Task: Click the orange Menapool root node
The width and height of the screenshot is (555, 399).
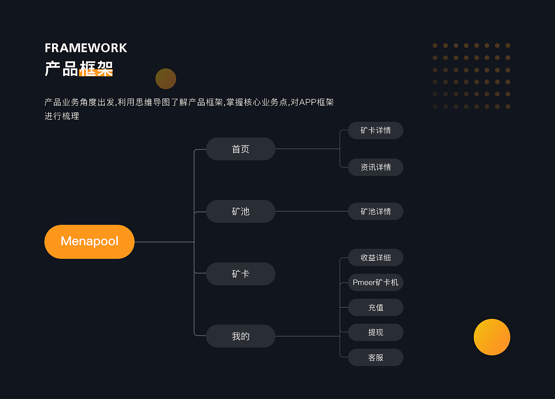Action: coord(89,241)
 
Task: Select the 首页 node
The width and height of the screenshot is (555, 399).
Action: coord(240,149)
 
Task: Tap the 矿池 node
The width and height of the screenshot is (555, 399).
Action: coord(240,211)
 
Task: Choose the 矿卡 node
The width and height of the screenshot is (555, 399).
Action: coord(240,274)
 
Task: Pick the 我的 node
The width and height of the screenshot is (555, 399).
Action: coord(240,336)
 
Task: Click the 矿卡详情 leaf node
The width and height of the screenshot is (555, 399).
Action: coord(375,130)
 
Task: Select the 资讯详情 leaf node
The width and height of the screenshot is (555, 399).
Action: coord(375,167)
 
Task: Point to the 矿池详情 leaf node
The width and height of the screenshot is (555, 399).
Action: coord(375,211)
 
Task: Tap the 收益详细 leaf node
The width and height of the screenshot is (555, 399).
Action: coord(375,257)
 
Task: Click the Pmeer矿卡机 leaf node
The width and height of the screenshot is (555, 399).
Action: coord(375,282)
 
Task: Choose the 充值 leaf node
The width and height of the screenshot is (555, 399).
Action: coord(375,307)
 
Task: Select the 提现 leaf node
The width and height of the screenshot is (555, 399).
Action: coord(375,332)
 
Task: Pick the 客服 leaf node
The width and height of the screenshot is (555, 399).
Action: coord(375,357)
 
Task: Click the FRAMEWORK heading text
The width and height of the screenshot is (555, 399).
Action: coord(86,48)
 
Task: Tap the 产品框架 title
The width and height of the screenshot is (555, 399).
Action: coord(79,68)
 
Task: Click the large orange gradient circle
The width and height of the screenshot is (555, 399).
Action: coord(492,337)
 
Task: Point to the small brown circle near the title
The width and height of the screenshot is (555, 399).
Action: coord(166,79)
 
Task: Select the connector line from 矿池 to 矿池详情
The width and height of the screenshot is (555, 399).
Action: coord(311,211)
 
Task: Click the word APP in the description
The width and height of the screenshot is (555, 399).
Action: coord(308,102)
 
